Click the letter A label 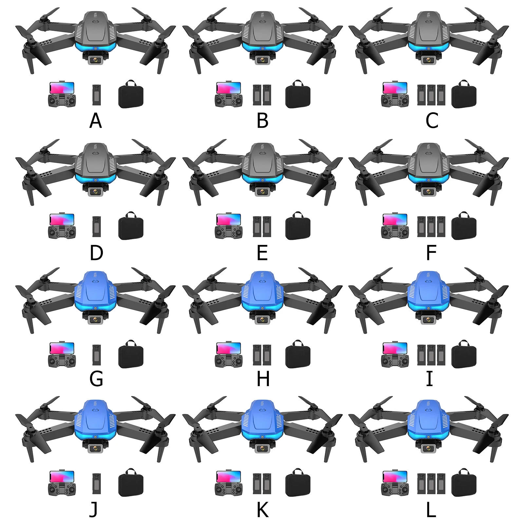[x=96, y=121]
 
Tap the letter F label [x=431, y=253]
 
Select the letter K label [x=263, y=510]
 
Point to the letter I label [x=429, y=379]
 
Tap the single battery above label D [x=96, y=226]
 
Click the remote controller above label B [x=229, y=101]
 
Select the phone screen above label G [x=62, y=348]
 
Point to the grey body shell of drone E [x=262, y=160]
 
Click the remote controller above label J [x=62, y=489]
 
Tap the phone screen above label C [x=395, y=88]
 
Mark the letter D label [x=96, y=253]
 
